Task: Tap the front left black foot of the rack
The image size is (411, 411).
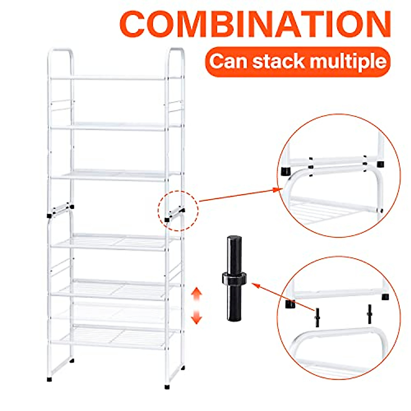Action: tap(50, 379)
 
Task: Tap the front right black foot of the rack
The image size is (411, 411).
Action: tap(167, 386)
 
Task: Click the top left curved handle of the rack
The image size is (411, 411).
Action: tap(60, 55)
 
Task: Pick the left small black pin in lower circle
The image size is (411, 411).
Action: tap(317, 317)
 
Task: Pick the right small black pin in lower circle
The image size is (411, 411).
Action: tap(370, 314)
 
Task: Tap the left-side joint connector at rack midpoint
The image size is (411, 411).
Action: tap(61, 211)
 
